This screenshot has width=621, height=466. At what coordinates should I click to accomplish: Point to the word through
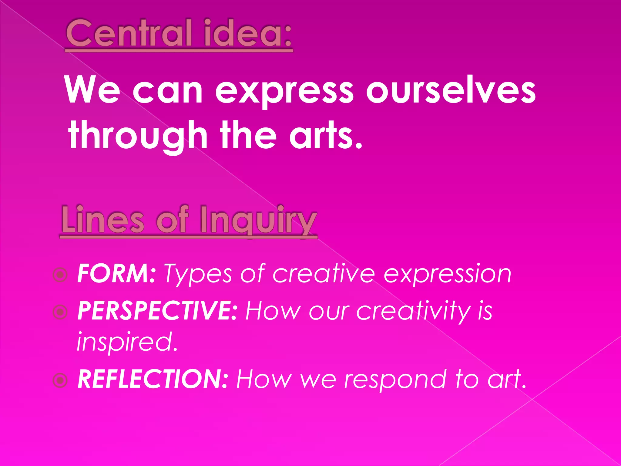click(138, 135)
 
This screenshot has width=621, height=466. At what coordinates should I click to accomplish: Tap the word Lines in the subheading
click(103, 220)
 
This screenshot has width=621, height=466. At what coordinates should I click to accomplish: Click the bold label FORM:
click(117, 274)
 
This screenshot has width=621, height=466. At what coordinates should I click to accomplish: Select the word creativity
click(413, 312)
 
